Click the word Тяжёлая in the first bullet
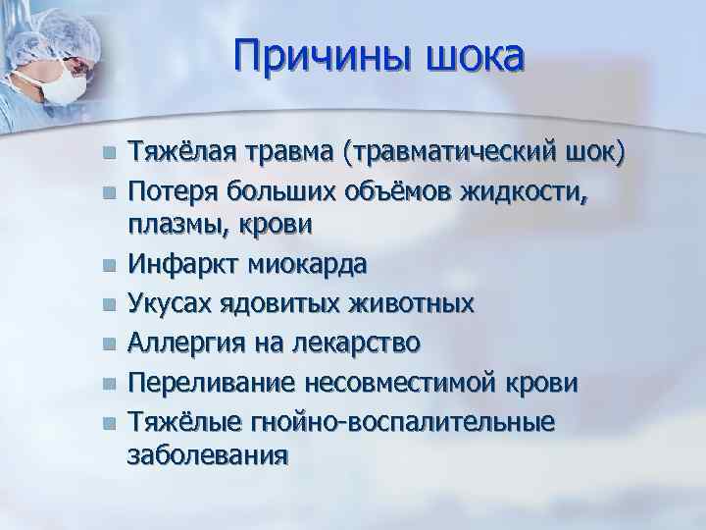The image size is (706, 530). click(x=179, y=152)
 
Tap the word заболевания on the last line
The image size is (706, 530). click(x=207, y=455)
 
